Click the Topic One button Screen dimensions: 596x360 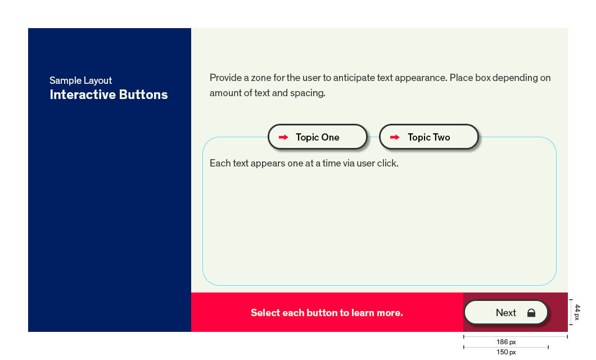[x=317, y=137]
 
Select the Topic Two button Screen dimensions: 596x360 [x=429, y=137]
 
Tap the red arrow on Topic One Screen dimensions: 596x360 [x=283, y=137]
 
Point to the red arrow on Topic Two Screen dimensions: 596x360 [x=395, y=137]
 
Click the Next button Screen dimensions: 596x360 [x=506, y=313]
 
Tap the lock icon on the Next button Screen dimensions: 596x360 [x=531, y=313]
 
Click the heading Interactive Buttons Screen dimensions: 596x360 [x=109, y=94]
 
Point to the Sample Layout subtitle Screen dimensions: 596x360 [x=80, y=80]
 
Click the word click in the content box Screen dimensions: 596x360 [x=388, y=164]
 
